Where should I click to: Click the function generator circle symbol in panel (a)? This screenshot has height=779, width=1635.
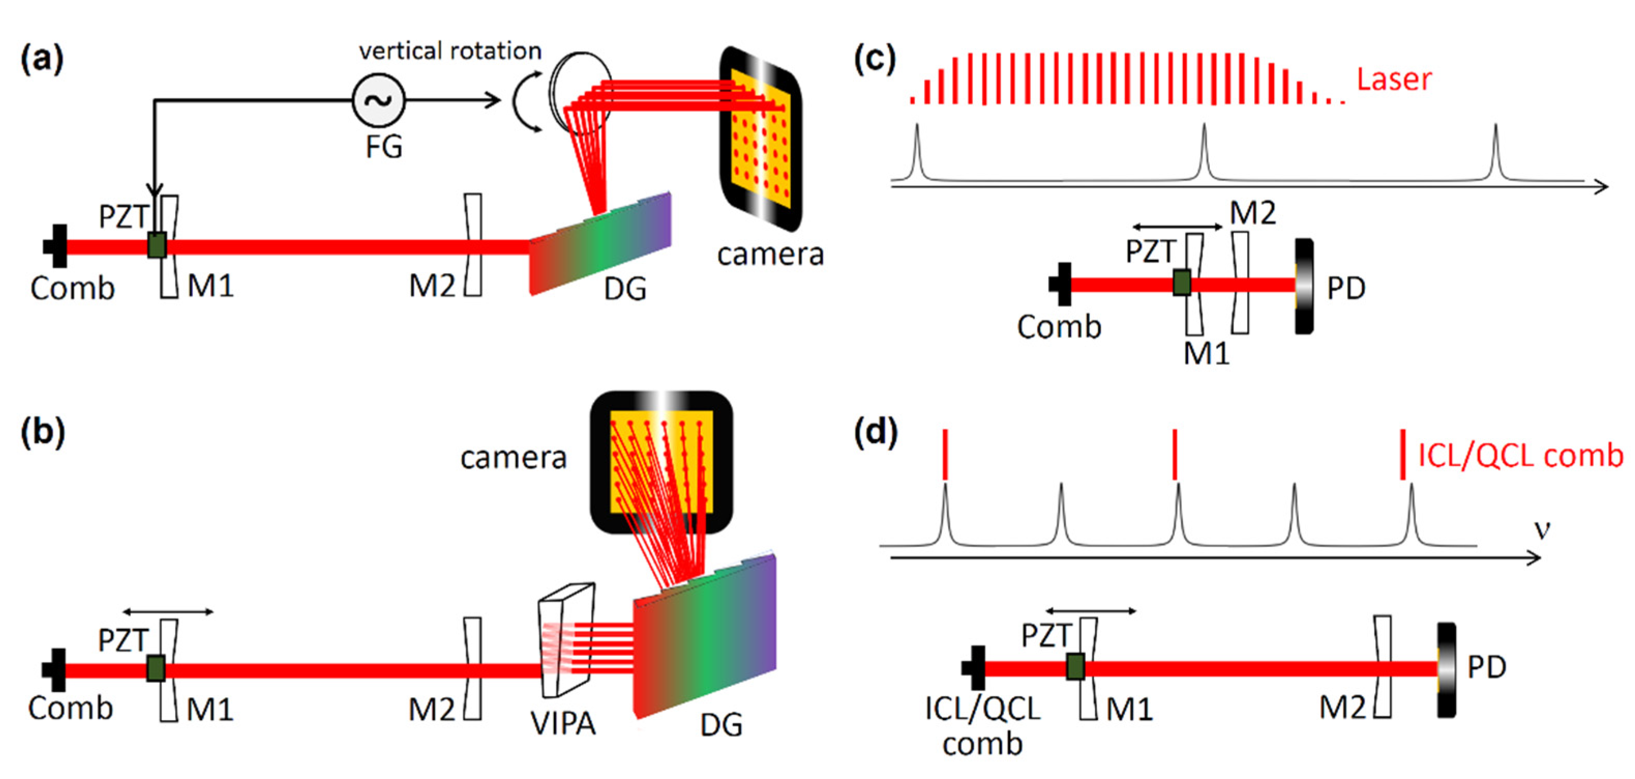tap(379, 100)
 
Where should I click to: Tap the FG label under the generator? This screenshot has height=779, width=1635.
tap(383, 147)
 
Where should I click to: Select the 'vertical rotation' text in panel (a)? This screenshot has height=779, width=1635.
tap(450, 51)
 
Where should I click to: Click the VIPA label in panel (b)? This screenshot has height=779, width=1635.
tap(563, 723)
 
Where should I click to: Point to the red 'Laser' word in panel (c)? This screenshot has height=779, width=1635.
tap(1394, 79)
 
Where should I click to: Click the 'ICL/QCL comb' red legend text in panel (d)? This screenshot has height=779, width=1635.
tap(1520, 455)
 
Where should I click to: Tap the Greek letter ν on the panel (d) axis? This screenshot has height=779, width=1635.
tap(1542, 529)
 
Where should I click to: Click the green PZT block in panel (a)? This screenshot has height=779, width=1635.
tap(157, 245)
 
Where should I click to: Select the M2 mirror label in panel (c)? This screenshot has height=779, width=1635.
tap(1252, 213)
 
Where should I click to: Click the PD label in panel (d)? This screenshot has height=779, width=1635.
tap(1487, 667)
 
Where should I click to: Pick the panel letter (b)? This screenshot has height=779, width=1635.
tap(42, 433)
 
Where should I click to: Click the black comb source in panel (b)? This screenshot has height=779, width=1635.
tap(56, 670)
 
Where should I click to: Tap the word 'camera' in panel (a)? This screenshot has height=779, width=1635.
tap(770, 254)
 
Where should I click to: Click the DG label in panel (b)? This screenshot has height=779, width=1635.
tap(721, 724)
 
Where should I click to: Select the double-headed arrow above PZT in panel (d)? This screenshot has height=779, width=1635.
tap(1090, 611)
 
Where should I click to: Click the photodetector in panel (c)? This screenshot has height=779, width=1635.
tap(1303, 286)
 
